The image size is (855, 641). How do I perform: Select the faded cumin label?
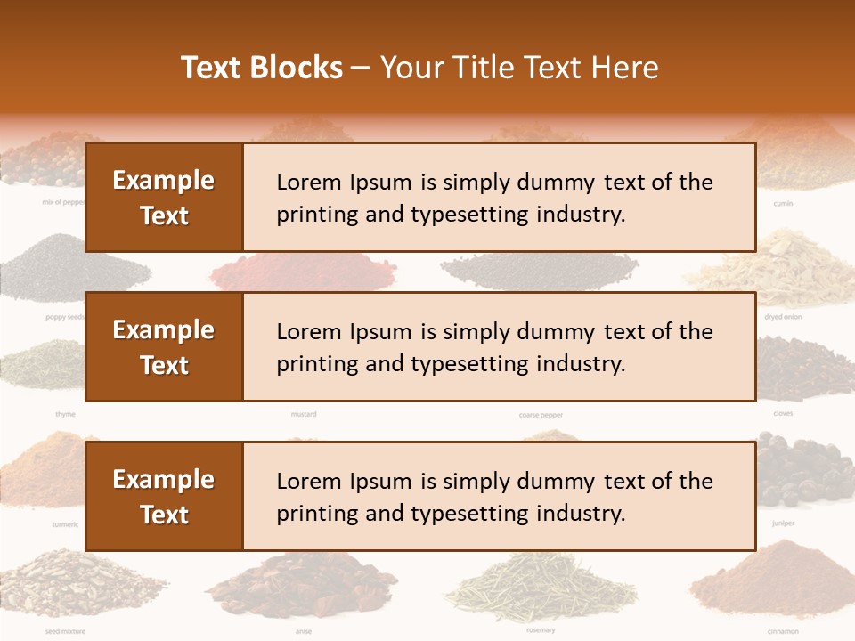pyautogui.click(x=783, y=204)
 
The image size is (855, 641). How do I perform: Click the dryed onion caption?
pyautogui.click(x=783, y=317)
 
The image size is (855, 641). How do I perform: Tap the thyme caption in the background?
pyautogui.click(x=65, y=414)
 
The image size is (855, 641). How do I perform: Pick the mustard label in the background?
pyautogui.click(x=304, y=414)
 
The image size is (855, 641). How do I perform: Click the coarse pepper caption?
pyautogui.click(x=541, y=415)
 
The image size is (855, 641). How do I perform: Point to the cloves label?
pyautogui.click(x=783, y=413)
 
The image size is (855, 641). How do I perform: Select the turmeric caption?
pyautogui.click(x=65, y=524)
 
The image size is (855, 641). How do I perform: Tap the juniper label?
pyautogui.click(x=783, y=523)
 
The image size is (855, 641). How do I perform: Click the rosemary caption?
pyautogui.click(x=541, y=630)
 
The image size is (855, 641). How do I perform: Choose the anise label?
pyautogui.click(x=304, y=631)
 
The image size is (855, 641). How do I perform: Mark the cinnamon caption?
pyautogui.click(x=783, y=631)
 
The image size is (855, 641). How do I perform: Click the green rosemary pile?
pyautogui.click(x=541, y=588)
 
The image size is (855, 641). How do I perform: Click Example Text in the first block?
pyautogui.click(x=164, y=198)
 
